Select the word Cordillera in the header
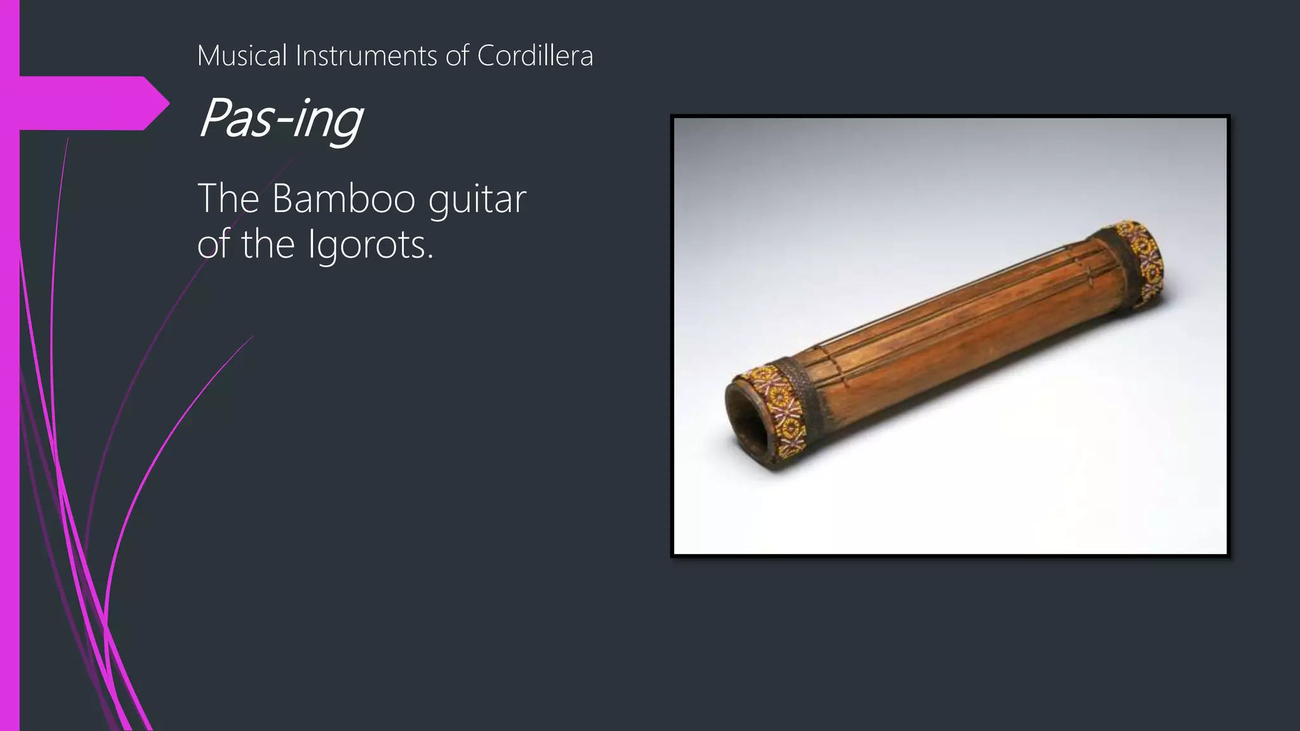click(x=534, y=56)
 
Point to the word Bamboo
click(x=343, y=199)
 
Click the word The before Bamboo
click(x=229, y=199)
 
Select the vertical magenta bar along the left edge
click(x=10, y=444)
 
